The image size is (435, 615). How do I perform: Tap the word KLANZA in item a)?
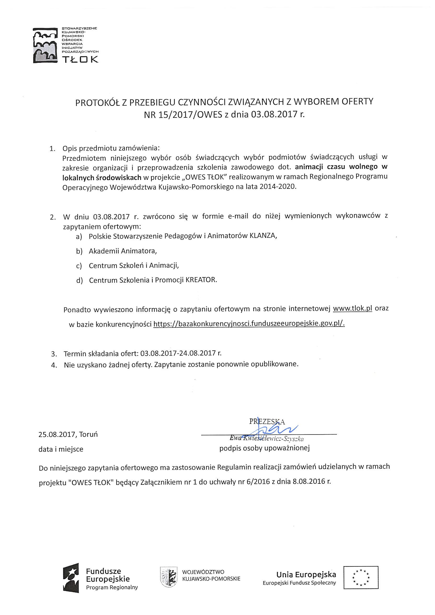[262, 236]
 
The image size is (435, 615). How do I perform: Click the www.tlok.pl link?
[352, 308]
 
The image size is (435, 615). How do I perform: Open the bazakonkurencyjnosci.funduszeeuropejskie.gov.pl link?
[249, 323]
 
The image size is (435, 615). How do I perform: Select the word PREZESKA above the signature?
[267, 421]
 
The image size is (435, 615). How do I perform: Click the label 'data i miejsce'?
[61, 449]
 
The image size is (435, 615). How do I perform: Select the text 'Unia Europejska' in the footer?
[306, 574]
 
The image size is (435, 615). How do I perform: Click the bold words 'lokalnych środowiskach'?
[101, 177]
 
